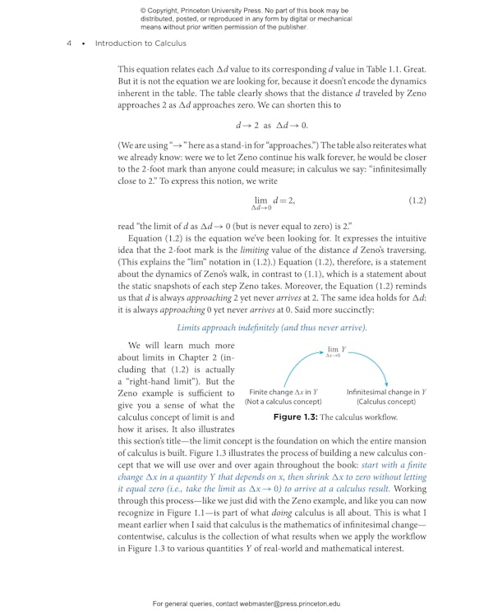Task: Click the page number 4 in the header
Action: (x=69, y=44)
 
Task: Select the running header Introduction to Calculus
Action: (x=140, y=44)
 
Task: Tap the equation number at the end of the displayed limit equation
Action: (x=417, y=200)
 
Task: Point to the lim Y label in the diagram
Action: (x=337, y=350)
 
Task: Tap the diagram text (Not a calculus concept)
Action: (x=283, y=402)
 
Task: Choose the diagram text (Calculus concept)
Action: (x=385, y=402)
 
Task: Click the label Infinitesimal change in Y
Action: (x=385, y=392)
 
